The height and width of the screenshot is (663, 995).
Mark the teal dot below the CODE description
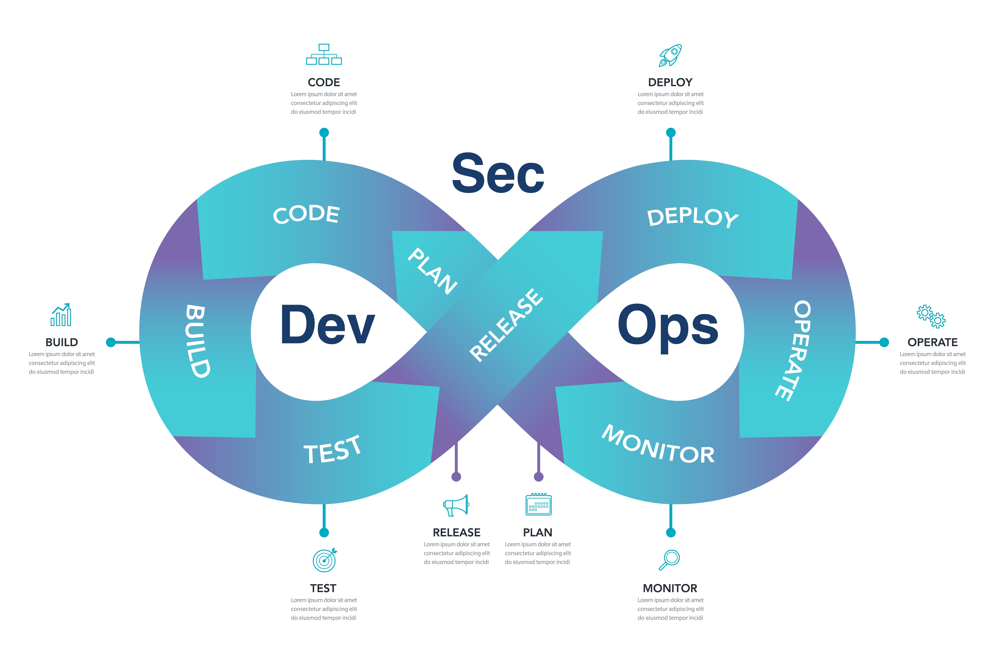pyautogui.click(x=324, y=132)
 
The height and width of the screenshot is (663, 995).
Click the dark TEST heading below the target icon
pyautogui.click(x=323, y=588)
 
